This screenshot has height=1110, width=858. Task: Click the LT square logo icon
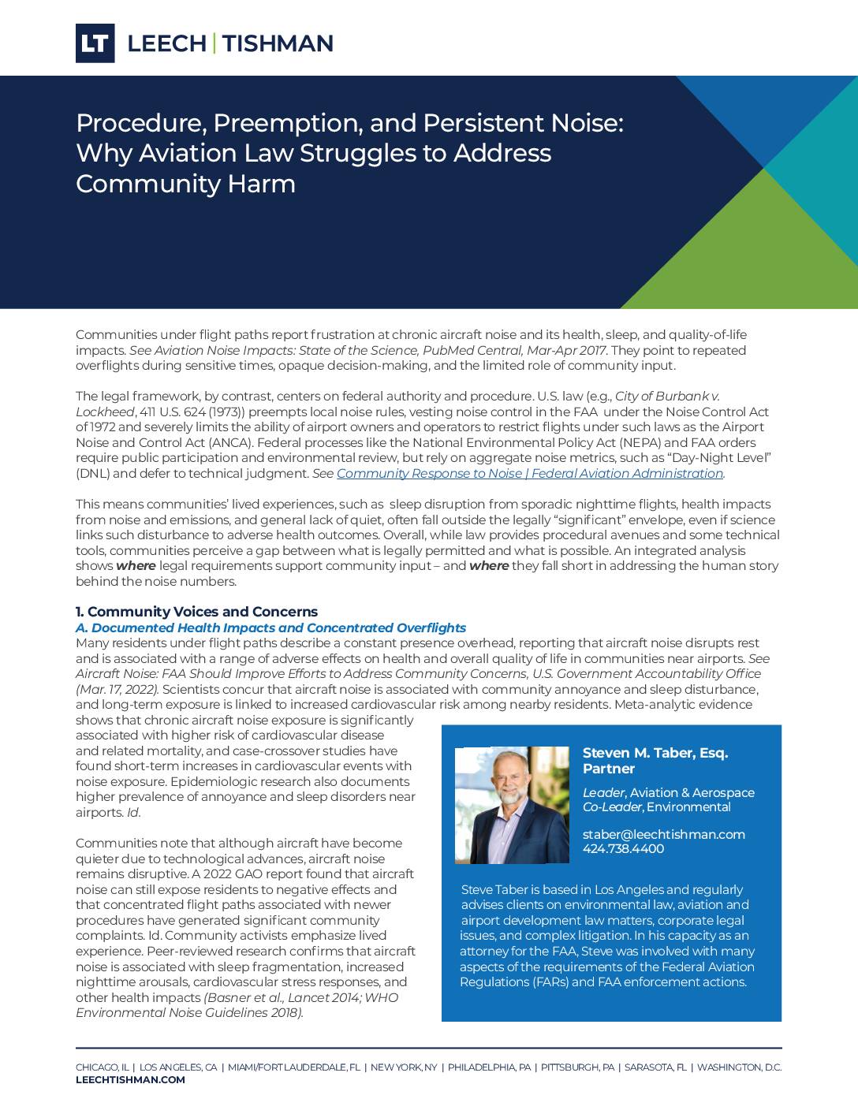tap(95, 43)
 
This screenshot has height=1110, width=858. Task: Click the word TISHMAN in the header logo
tap(278, 43)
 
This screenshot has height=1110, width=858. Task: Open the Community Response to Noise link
tap(530, 474)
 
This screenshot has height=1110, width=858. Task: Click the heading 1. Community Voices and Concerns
tap(196, 612)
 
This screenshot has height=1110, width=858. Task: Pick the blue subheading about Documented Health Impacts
tap(270, 628)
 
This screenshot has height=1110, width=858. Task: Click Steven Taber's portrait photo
tap(512, 805)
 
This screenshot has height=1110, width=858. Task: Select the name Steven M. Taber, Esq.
tap(655, 753)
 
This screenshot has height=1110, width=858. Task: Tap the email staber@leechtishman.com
tap(663, 834)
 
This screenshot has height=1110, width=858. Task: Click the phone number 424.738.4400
tap(623, 849)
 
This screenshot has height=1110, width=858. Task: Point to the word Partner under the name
tap(608, 769)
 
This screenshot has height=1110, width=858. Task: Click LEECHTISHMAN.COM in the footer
tap(130, 1080)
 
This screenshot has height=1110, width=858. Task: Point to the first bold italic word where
tap(136, 566)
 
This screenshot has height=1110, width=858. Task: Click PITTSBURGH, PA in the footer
tap(577, 1067)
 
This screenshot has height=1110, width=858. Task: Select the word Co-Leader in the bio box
tap(612, 807)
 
